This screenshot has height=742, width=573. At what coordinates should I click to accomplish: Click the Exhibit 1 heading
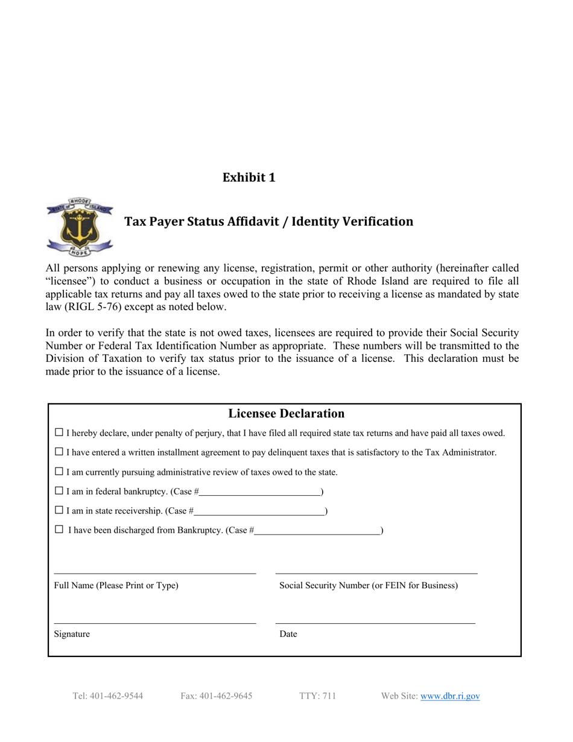pos(249,177)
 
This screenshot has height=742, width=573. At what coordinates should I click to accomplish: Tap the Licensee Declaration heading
pos(286,413)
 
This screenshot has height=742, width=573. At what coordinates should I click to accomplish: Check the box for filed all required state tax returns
pos(59,433)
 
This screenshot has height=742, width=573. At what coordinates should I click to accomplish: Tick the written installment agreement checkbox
pos(59,452)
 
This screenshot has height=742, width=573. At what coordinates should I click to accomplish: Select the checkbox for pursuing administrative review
pos(59,471)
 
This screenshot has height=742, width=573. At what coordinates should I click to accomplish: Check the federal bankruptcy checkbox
pos(59,491)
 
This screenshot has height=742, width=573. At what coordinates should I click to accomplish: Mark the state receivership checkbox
pos(59,510)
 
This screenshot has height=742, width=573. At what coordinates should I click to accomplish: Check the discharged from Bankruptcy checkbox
pos(59,530)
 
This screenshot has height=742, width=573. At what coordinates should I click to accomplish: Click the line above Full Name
pos(155,572)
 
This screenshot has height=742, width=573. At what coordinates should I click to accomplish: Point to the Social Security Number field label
pos(369,585)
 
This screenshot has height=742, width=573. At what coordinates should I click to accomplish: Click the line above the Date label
pos(375,623)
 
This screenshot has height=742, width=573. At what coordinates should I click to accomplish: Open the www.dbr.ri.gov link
pos(450,696)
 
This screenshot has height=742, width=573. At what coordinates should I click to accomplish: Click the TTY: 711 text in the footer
pos(317,696)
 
